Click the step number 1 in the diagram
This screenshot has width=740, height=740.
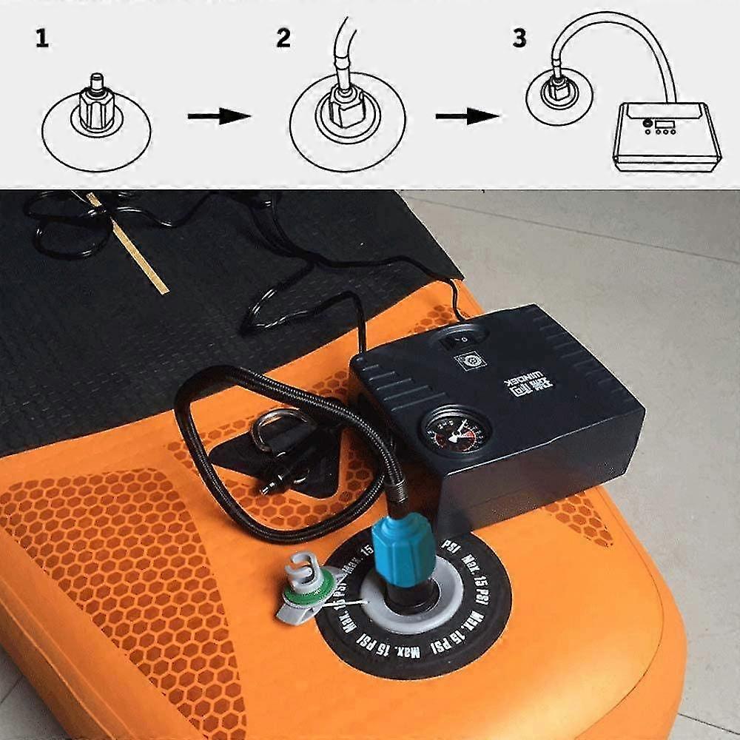[42, 39]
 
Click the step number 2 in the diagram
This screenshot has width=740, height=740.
[283, 38]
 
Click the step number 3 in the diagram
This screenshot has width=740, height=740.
[519, 38]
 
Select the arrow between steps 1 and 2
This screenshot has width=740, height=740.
[219, 116]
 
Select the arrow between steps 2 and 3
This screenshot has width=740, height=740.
[467, 116]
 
